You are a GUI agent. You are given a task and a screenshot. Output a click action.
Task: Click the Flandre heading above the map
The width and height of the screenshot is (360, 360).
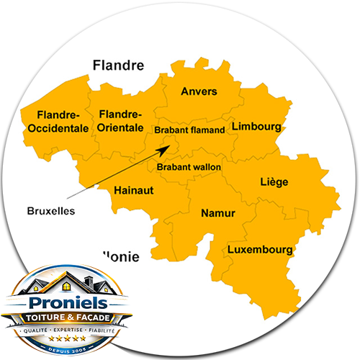click(119, 66)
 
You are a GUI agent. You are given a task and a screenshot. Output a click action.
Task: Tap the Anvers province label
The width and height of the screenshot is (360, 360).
click(199, 91)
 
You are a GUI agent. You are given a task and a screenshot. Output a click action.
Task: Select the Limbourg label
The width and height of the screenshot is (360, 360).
click(256, 127)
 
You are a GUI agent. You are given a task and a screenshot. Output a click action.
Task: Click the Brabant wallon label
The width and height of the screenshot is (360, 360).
click(189, 167)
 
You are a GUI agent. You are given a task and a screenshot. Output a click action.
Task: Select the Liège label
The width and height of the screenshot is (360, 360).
click(274, 182)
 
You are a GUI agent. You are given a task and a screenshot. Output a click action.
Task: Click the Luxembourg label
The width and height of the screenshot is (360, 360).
click(260, 250)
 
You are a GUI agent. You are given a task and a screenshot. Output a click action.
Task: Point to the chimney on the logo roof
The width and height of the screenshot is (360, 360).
click(89, 279)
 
